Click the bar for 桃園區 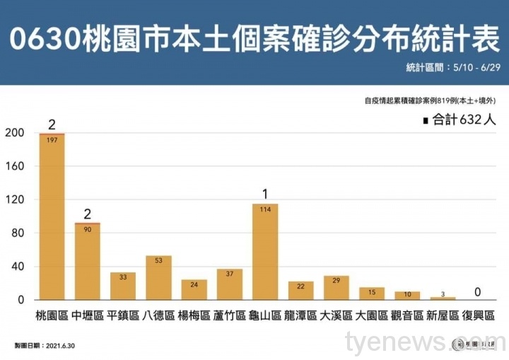52,219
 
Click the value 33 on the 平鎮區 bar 123,277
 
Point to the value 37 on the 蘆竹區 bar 229,274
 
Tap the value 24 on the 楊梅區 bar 194,284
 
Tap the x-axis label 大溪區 336,315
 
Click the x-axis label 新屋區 443,315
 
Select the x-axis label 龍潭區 300,315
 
